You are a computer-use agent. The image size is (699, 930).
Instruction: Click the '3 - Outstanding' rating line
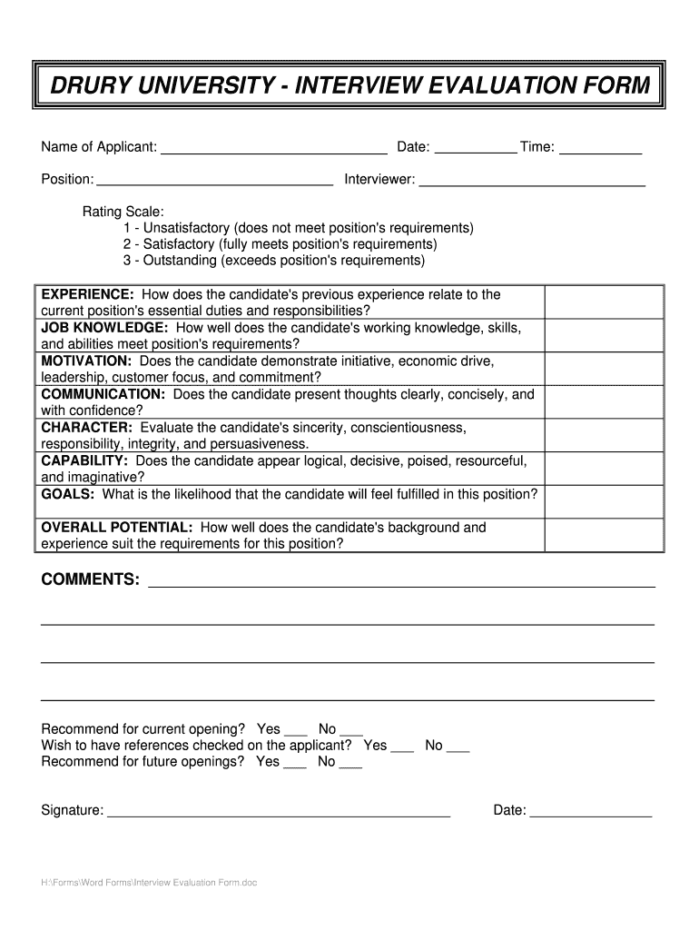(x=274, y=261)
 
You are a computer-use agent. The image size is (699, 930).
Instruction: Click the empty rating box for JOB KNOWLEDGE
(x=604, y=335)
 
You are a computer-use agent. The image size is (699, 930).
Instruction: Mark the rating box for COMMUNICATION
(x=604, y=402)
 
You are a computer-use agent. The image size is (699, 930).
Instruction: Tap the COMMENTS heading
(x=91, y=579)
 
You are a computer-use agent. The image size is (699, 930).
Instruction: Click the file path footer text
(x=150, y=882)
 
